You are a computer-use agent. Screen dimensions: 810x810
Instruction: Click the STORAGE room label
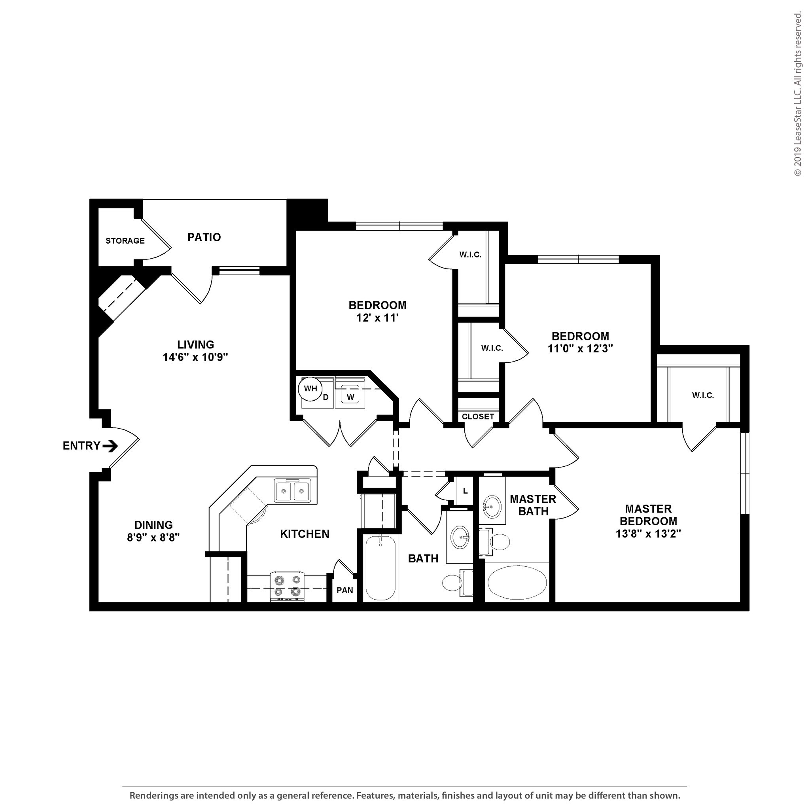pyautogui.click(x=125, y=240)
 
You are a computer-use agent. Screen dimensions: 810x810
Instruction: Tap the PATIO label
pyautogui.click(x=204, y=237)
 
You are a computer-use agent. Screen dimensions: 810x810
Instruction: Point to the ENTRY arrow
pyautogui.click(x=110, y=446)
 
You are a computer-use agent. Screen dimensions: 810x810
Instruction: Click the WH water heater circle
pyautogui.click(x=310, y=388)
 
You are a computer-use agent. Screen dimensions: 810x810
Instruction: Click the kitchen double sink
pyautogui.click(x=293, y=491)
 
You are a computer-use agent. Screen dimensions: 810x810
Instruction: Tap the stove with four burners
pyautogui.click(x=288, y=586)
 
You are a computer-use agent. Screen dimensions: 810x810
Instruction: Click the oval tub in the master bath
pyautogui.click(x=517, y=584)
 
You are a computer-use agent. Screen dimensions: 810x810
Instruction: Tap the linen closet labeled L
pyautogui.click(x=465, y=491)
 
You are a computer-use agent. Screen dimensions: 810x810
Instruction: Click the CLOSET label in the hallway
pyautogui.click(x=477, y=417)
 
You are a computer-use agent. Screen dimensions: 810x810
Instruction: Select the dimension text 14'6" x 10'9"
pyautogui.click(x=195, y=357)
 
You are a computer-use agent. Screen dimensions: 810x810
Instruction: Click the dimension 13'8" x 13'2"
pyautogui.click(x=648, y=534)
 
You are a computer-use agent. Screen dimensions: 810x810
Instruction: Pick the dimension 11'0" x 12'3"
pyautogui.click(x=580, y=348)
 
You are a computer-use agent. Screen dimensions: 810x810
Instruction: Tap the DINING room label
pyautogui.click(x=153, y=525)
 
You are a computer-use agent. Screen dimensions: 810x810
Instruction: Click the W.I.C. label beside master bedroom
pyautogui.click(x=703, y=396)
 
